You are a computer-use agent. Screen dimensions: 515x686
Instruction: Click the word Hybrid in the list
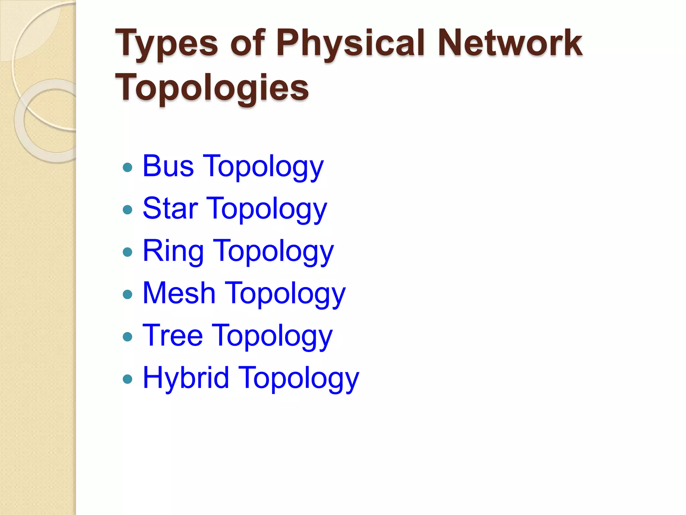[x=186, y=378]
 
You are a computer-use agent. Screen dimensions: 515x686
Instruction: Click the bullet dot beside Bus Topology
[x=128, y=167]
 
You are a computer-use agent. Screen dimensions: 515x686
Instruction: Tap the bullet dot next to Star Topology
[x=128, y=210]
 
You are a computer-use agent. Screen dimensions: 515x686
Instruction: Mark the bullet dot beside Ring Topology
[x=128, y=252]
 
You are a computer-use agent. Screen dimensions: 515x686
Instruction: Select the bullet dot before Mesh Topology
[x=128, y=294]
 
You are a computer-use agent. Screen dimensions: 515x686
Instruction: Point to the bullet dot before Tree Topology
[x=128, y=337]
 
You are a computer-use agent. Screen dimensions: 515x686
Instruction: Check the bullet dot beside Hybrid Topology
[x=128, y=379]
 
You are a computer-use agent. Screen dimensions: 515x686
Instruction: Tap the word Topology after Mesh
[x=286, y=294]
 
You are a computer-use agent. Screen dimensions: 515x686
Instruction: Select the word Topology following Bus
[x=263, y=167]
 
